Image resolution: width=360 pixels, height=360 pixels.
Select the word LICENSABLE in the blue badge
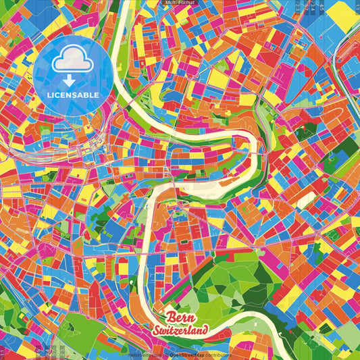point(73,95)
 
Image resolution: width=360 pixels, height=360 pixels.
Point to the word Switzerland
point(180,331)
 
